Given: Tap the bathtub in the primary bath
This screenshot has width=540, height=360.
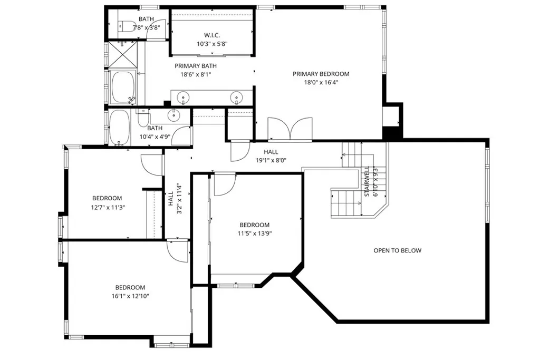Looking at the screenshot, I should point(124,87).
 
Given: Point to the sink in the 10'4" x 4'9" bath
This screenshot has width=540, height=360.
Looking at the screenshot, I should point(173,115).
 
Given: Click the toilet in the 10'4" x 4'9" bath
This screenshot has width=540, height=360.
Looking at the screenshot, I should point(143,120).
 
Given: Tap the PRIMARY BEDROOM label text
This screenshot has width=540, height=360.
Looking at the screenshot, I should point(321,74).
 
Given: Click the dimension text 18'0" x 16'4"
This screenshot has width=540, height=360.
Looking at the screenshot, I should point(321,82).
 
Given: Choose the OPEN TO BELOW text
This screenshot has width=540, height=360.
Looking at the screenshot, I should point(397,250).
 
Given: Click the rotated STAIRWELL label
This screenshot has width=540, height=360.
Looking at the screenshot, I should point(366,182).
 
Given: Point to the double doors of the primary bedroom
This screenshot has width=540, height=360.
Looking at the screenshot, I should point(290,129).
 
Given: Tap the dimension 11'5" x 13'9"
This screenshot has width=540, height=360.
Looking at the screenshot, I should point(254,233).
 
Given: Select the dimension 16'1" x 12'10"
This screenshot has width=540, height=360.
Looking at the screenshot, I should point(130,296).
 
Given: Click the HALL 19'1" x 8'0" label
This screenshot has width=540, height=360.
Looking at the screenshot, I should point(267,156).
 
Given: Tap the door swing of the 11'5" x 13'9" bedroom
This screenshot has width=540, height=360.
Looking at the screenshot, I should point(224,184).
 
